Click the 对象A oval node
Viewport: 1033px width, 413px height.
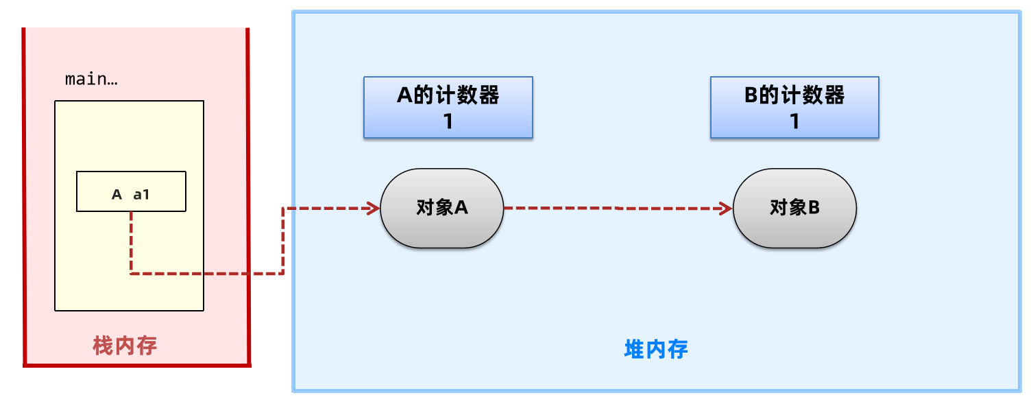[441, 208]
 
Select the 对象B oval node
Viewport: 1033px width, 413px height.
[794, 208]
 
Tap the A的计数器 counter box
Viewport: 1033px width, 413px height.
[448, 108]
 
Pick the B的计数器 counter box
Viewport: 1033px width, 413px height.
[794, 108]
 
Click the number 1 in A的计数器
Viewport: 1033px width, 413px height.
[448, 122]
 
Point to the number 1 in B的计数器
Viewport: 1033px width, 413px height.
[795, 122]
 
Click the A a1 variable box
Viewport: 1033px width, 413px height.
[130, 191]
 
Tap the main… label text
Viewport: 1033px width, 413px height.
[91, 80]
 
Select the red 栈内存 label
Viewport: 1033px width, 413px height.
[125, 346]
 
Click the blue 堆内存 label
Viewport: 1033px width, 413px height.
[656, 349]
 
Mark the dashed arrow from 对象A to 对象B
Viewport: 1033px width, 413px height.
[617, 208]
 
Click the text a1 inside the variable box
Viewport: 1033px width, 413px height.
[141, 195]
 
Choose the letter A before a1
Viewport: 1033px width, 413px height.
[117, 195]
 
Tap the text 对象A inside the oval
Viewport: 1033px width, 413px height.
[441, 208]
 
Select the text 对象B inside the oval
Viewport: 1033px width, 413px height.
[794, 208]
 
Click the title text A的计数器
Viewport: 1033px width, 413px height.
[448, 95]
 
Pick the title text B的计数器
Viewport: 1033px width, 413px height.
[794, 95]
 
